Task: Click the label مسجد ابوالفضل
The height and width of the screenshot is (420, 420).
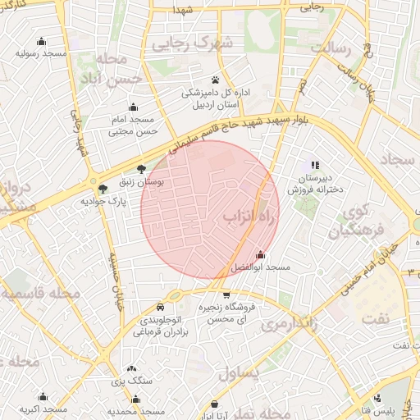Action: pyautogui.click(x=261, y=268)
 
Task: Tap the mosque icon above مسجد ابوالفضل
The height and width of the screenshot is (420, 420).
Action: pyautogui.click(x=261, y=255)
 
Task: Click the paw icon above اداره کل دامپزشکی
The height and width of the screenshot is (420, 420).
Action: pyautogui.click(x=215, y=80)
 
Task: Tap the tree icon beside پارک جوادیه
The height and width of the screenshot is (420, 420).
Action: pyautogui.click(x=102, y=189)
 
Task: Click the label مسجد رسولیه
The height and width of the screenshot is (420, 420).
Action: pyautogui.click(x=41, y=53)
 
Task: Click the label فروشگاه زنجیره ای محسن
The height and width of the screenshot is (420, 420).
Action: pyautogui.click(x=226, y=312)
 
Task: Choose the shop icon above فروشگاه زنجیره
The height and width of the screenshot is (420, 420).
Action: pyautogui.click(x=226, y=294)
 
